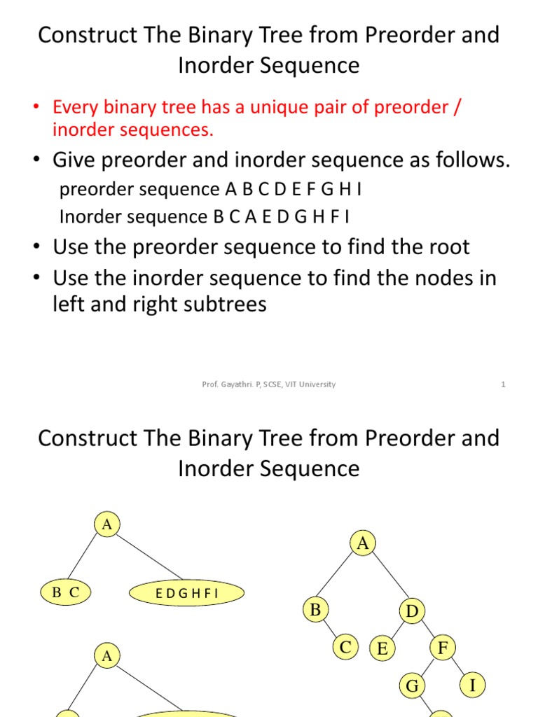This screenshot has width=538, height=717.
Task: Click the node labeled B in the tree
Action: click(315, 611)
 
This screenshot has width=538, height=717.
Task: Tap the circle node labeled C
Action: click(345, 648)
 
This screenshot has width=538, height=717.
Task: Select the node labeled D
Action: click(412, 612)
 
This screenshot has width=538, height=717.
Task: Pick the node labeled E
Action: click(382, 649)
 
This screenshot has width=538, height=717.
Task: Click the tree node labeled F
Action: click(443, 648)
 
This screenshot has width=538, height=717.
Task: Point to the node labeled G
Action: click(412, 686)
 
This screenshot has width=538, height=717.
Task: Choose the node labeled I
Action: click(473, 685)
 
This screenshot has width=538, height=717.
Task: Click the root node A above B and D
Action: click(363, 544)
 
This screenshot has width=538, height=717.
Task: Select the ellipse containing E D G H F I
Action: click(187, 594)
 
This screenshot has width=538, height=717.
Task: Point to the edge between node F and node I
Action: click(458, 667)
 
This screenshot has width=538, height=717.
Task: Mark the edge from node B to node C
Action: click(330, 629)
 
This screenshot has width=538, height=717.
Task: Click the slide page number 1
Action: click(503, 384)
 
